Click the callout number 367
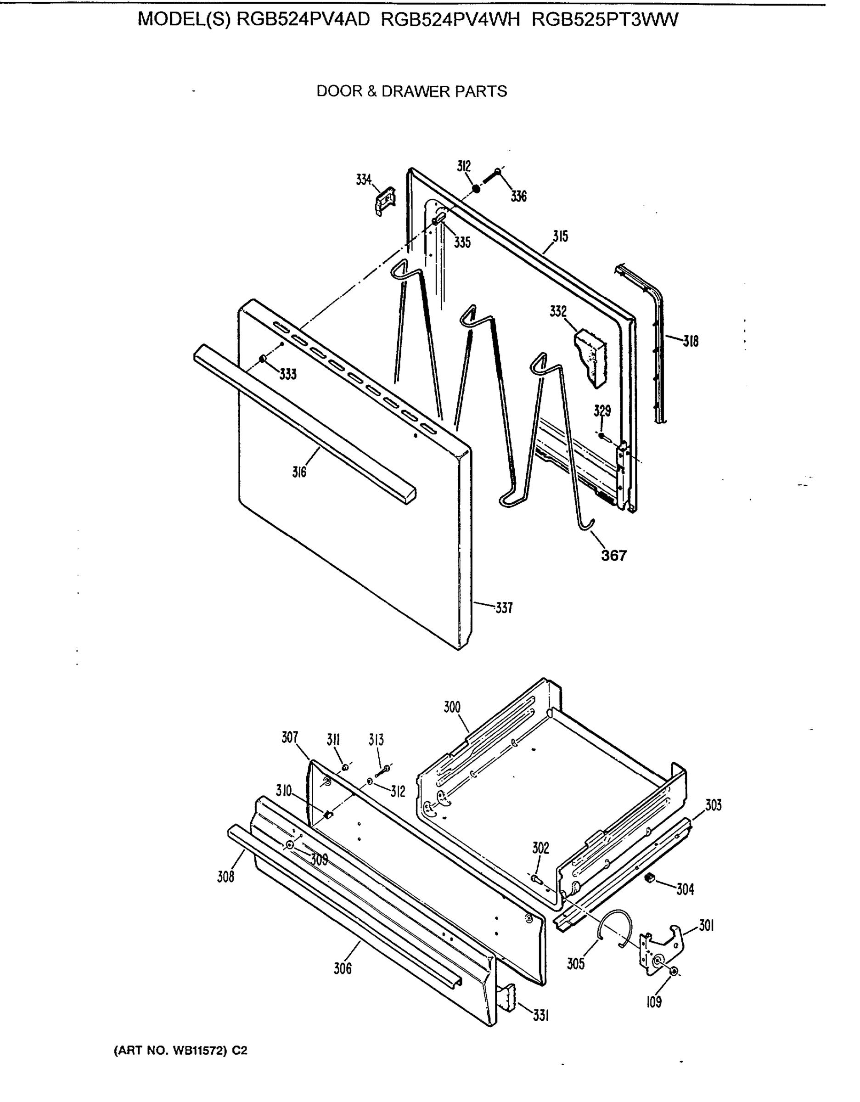pyautogui.click(x=613, y=556)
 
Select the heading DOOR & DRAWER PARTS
pyautogui.click(x=411, y=91)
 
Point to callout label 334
pyautogui.click(x=363, y=180)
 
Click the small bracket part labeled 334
pyautogui.click(x=386, y=201)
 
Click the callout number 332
pyautogui.click(x=558, y=311)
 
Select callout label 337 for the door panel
pyautogui.click(x=504, y=608)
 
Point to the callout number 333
pyautogui.click(x=288, y=374)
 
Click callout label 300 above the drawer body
pyautogui.click(x=452, y=707)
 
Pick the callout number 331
pyautogui.click(x=540, y=1016)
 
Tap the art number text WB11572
pyautogui.click(x=198, y=1051)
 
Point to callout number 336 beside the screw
pyautogui.click(x=518, y=196)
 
